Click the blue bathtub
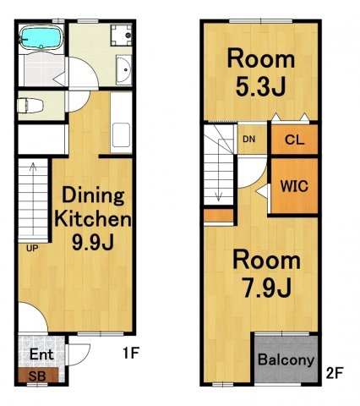(x=41, y=38)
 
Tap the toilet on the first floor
(x=30, y=106)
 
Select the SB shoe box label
(x=37, y=376)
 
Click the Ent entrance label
(x=41, y=354)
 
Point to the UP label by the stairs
(x=32, y=249)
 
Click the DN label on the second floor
(x=249, y=139)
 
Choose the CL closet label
(x=295, y=140)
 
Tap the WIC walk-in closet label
(x=294, y=186)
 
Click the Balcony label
(x=286, y=359)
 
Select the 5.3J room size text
(x=261, y=86)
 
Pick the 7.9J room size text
(x=267, y=288)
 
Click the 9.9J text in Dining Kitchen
(x=93, y=242)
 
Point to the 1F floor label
(x=131, y=353)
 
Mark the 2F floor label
(x=335, y=373)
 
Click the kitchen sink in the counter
(x=121, y=135)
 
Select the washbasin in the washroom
(x=123, y=69)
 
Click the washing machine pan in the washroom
(x=121, y=36)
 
